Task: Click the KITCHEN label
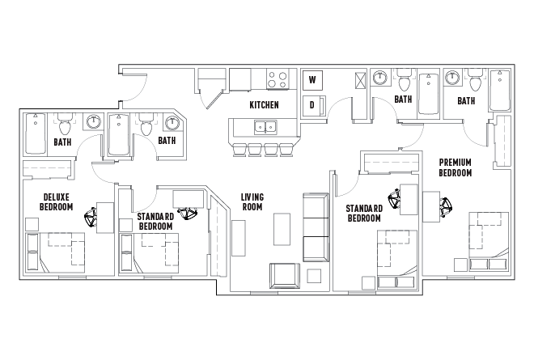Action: coord(264,105)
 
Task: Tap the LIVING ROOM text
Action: coord(252,201)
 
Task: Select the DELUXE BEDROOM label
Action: coord(56,201)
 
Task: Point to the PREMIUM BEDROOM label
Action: coord(455,167)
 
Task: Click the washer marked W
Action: coord(311,80)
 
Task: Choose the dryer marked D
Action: coord(311,105)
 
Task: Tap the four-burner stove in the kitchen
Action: coord(278,79)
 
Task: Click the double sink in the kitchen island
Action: coord(264,127)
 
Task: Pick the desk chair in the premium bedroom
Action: coord(445,206)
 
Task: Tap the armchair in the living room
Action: coord(284,275)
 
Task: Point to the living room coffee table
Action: coord(282,228)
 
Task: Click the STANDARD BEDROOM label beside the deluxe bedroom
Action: coord(155,222)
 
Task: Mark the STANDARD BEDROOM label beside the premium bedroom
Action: coord(363,213)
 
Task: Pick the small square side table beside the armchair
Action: coord(314,276)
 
